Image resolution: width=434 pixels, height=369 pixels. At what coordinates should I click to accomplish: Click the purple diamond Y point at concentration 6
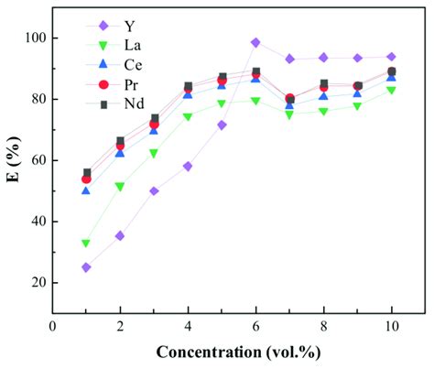point(255,42)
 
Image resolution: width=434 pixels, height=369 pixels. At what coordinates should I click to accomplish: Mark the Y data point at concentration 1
point(86,267)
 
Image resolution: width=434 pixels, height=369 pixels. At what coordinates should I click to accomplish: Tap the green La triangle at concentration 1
point(86,244)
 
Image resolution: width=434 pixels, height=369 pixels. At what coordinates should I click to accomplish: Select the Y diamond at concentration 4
point(188,167)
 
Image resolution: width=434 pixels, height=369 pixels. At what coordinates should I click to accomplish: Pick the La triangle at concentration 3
point(154,154)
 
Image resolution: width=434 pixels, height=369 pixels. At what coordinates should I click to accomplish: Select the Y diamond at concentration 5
point(222,125)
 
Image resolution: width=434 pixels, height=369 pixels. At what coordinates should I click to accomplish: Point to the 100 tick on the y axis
point(38,38)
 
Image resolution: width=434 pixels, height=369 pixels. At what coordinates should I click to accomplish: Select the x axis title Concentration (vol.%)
point(238,353)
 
